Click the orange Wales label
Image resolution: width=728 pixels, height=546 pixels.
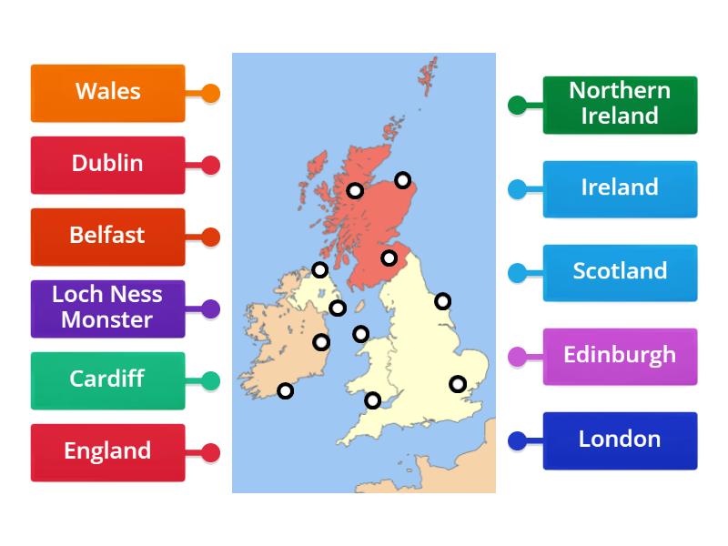tap(107, 92)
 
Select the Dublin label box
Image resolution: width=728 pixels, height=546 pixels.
tap(107, 165)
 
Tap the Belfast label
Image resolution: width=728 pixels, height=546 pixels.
tap(107, 237)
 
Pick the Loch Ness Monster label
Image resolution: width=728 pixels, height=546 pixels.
tap(107, 308)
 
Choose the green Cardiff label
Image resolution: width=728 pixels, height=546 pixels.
tap(107, 380)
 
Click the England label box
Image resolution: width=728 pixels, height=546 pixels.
tap(107, 452)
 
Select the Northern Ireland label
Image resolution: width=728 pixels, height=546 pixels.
tap(620, 105)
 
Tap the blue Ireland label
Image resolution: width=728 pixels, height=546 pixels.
tap(620, 188)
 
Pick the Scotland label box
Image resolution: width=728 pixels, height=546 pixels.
tap(620, 272)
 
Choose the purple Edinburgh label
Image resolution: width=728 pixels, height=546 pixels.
tap(620, 356)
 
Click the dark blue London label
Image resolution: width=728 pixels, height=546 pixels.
tap(620, 440)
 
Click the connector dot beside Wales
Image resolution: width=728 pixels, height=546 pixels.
tap(210, 93)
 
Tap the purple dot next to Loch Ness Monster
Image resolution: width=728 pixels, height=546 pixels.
tap(210, 309)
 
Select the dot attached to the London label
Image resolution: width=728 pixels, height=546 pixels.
tap(517, 441)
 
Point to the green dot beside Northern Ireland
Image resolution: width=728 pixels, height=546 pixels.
tap(517, 106)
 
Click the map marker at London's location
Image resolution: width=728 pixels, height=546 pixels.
tap(458, 384)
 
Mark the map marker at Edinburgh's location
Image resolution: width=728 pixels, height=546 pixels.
tap(389, 258)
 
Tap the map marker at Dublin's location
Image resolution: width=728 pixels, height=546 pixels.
tap(321, 342)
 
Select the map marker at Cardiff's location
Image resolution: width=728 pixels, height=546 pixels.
tap(372, 399)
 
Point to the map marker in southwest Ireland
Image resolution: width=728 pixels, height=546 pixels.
tap(285, 390)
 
